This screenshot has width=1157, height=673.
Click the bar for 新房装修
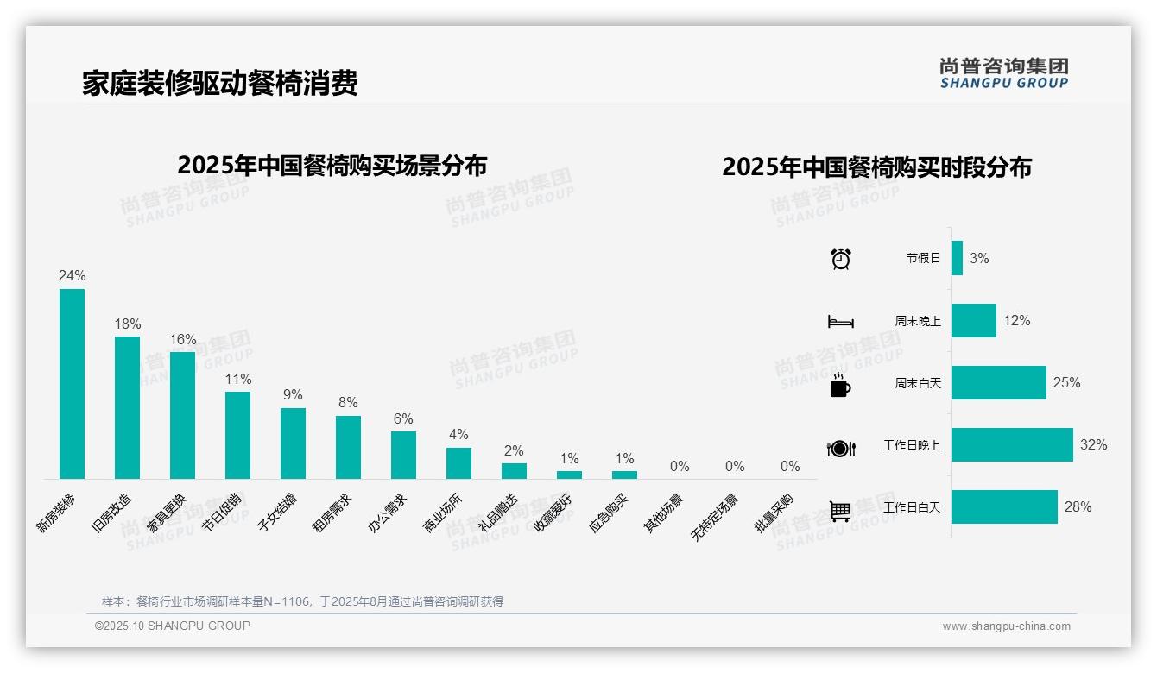72,384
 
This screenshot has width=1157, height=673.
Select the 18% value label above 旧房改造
128,324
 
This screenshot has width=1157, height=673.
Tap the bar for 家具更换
182,415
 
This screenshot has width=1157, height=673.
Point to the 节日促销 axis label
222,513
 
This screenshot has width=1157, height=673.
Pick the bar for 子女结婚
293,443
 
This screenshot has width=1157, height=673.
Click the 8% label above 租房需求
348,402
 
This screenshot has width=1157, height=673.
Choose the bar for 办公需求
403,455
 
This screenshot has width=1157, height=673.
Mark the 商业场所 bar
458,463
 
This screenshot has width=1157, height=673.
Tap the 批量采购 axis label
774,513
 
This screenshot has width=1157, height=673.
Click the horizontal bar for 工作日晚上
1012,444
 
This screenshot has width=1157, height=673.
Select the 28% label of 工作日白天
1078,506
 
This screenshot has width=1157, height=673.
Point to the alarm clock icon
841,258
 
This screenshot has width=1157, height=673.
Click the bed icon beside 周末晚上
841,321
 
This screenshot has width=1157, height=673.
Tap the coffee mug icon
840,385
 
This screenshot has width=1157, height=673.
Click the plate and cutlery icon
841,448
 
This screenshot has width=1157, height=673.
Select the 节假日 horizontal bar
957,258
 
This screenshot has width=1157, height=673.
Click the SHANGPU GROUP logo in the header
1004,73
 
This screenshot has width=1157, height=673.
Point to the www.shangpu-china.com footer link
1006,626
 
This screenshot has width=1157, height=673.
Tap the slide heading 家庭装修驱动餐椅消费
220,83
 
